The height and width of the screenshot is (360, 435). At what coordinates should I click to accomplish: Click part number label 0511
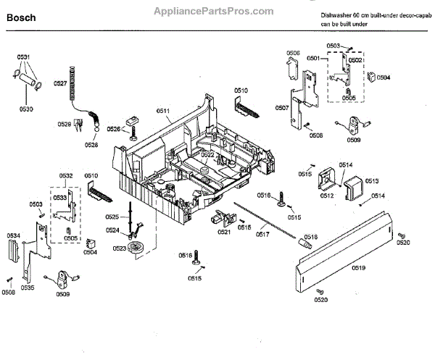[x=162, y=112]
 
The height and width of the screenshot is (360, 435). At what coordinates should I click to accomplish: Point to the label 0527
[x=60, y=84]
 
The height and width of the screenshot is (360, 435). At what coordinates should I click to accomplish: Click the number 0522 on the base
[x=207, y=154]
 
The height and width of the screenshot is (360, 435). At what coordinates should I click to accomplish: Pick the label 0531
[x=23, y=57]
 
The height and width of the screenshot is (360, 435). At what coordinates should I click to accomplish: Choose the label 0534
[x=14, y=235]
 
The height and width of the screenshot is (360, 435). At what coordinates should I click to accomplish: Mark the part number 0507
[x=282, y=108]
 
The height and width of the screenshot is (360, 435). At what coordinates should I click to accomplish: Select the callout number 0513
[x=372, y=181]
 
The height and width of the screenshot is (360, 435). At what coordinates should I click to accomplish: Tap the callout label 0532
[x=66, y=176]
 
